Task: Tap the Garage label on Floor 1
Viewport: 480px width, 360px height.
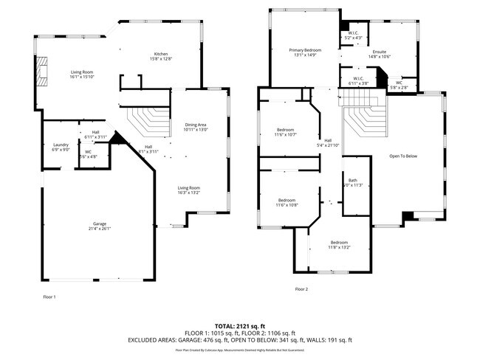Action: coord(99,225)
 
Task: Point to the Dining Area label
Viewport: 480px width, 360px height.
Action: coord(196,127)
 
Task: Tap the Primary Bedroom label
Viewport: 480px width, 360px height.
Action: coord(304,52)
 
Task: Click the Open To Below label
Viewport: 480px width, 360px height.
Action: coord(404,156)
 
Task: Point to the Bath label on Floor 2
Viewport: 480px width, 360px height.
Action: coord(353,182)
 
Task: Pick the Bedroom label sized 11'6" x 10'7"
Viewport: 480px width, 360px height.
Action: coord(286,132)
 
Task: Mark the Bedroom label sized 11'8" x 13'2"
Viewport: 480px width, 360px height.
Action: coord(339,245)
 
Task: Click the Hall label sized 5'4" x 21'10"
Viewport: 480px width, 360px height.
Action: coord(327,142)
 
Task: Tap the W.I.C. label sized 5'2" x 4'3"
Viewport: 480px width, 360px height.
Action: coord(354,35)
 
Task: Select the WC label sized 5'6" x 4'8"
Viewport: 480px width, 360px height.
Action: coord(88,153)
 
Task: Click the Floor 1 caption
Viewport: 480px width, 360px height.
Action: coord(49,297)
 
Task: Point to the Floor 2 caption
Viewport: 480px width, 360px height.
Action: coord(301,289)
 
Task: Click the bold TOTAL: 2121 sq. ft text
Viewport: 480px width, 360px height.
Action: coord(240,325)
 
